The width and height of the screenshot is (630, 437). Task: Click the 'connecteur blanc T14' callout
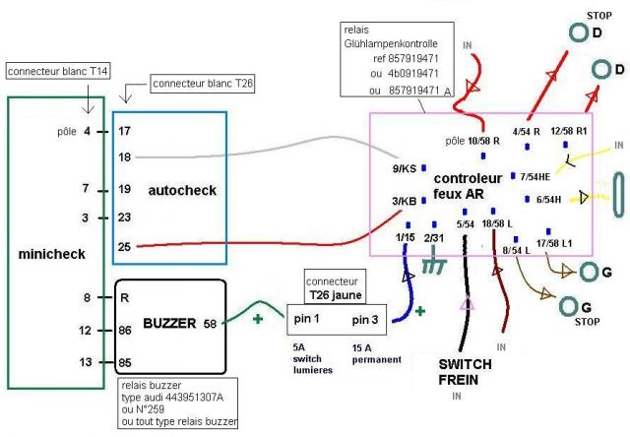[x=56, y=72]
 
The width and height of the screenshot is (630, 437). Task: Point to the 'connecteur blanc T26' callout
[x=203, y=85]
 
